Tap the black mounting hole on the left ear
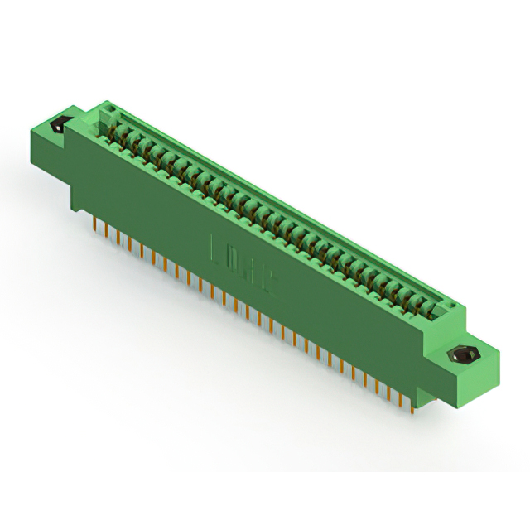click(x=59, y=127)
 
